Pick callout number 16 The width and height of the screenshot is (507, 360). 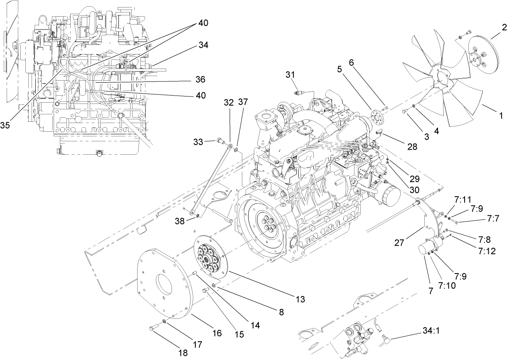tap(217, 333)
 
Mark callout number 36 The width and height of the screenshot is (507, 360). tap(200, 79)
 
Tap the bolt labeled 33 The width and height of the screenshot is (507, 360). tap(220, 142)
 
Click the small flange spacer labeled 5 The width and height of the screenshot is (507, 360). tap(377, 115)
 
